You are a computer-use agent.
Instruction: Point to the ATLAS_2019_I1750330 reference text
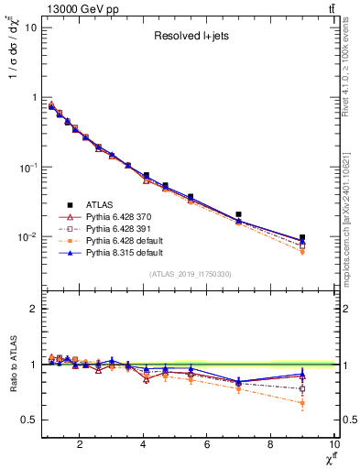[189, 273]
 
